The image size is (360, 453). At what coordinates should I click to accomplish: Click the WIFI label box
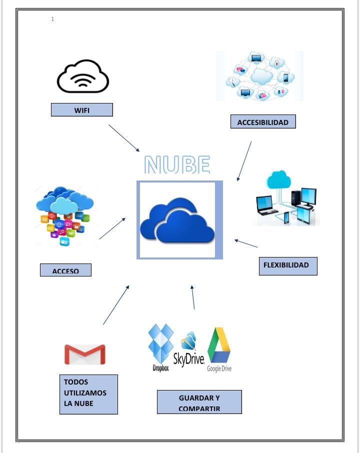click(x=82, y=110)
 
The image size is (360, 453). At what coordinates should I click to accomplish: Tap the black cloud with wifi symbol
click(x=83, y=76)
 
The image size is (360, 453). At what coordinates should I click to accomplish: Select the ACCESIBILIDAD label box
click(x=263, y=122)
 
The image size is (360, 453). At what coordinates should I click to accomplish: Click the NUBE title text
click(x=177, y=164)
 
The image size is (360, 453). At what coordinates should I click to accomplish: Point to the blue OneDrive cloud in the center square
click(x=178, y=220)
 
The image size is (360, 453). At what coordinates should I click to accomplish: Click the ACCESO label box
click(x=65, y=270)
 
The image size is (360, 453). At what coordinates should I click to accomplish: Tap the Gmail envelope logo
click(x=85, y=354)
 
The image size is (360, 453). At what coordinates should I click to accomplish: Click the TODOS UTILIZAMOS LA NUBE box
click(x=88, y=394)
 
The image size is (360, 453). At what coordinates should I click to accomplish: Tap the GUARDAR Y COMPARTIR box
click(x=199, y=402)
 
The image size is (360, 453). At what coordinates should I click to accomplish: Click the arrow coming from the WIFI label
click(x=124, y=138)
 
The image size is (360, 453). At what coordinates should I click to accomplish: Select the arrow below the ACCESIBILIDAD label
click(x=244, y=160)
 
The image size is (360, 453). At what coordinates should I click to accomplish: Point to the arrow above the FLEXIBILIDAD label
click(x=246, y=243)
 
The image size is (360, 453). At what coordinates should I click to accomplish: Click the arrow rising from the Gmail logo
click(x=116, y=305)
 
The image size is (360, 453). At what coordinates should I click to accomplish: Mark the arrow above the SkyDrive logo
click(x=193, y=297)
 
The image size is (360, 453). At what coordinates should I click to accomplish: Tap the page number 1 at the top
click(x=52, y=19)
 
